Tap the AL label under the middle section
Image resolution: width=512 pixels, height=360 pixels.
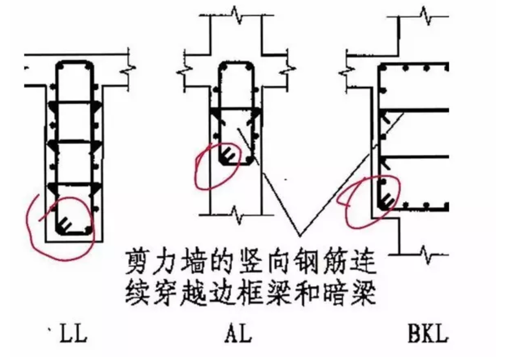[238, 335]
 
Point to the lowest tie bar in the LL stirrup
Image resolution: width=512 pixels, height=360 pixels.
[74, 183]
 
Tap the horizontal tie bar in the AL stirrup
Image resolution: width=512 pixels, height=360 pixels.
[236, 109]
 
